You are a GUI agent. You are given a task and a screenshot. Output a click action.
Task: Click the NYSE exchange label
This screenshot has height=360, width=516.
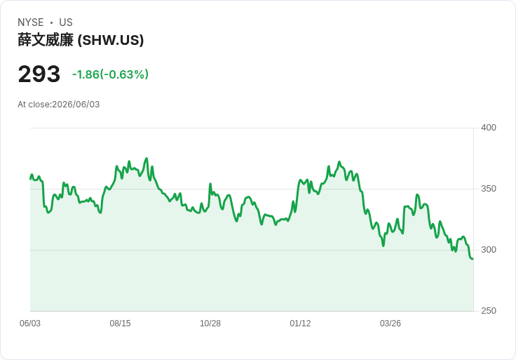coord(31,22)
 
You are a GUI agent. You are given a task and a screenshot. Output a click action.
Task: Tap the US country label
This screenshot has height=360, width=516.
coord(66,22)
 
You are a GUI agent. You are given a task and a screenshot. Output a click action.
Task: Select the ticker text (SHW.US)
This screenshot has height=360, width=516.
coord(111,40)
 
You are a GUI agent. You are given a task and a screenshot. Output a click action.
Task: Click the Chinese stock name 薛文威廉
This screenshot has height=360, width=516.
coord(46,40)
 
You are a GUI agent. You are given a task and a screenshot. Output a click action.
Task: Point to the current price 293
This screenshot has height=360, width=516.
coord(39,74)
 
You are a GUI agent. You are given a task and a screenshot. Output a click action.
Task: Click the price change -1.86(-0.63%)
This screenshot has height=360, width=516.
coord(110,74)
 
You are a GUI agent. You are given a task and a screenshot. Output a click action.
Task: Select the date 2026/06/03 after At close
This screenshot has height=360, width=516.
coord(76,105)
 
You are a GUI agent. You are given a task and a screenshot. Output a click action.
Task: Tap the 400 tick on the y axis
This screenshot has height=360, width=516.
coord(489,128)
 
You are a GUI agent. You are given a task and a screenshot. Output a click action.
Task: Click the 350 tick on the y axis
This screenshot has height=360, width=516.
coord(489,189)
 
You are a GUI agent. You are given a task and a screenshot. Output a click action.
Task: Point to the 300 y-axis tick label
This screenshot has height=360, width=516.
coord(489,250)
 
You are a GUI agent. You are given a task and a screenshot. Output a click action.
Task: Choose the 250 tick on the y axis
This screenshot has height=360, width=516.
coord(489,311)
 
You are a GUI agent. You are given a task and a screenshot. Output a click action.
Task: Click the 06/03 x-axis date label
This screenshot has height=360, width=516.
coord(30,324)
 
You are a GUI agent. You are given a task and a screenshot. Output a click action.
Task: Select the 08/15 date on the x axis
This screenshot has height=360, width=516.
coord(120,324)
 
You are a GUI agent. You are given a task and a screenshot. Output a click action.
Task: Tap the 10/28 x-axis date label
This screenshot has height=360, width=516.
coord(210,324)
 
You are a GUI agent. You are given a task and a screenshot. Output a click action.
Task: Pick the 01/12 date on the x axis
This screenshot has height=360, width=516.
coord(300,324)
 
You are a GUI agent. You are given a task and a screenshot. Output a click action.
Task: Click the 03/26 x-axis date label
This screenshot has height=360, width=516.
coord(391,324)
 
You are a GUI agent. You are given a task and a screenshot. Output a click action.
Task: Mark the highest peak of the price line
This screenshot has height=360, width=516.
coord(147,159)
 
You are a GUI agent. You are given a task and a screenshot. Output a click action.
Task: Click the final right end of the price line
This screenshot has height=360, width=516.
coord(473,259)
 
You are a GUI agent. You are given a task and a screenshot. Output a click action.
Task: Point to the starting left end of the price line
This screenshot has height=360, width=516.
coord(30,179)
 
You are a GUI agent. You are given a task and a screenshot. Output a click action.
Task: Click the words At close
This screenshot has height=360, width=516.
coord(34,105)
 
